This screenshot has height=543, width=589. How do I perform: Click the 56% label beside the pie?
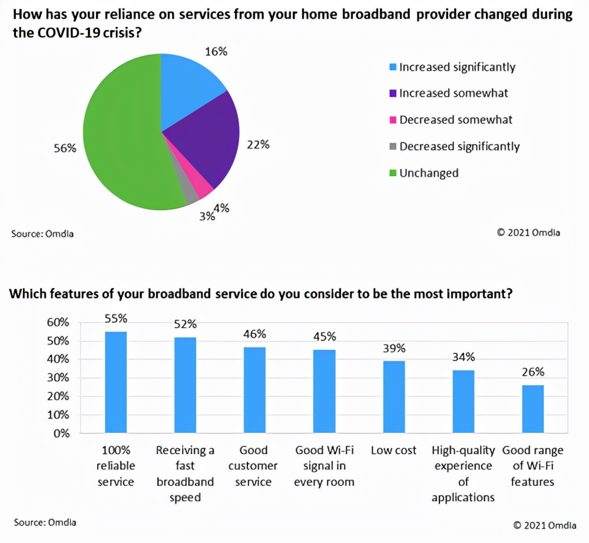(65, 148)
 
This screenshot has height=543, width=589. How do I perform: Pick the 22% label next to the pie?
(258, 144)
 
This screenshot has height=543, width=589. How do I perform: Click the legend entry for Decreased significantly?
(459, 146)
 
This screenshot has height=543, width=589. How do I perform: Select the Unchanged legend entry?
(428, 173)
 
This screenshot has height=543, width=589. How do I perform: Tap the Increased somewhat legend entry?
(453, 93)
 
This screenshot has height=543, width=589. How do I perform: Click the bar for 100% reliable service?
(115, 383)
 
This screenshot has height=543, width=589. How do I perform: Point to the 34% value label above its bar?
(463, 357)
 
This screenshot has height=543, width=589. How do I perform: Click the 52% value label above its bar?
(185, 324)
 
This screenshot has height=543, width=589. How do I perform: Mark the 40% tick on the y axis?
(58, 359)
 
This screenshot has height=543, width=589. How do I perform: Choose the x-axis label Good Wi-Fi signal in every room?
(325, 466)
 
